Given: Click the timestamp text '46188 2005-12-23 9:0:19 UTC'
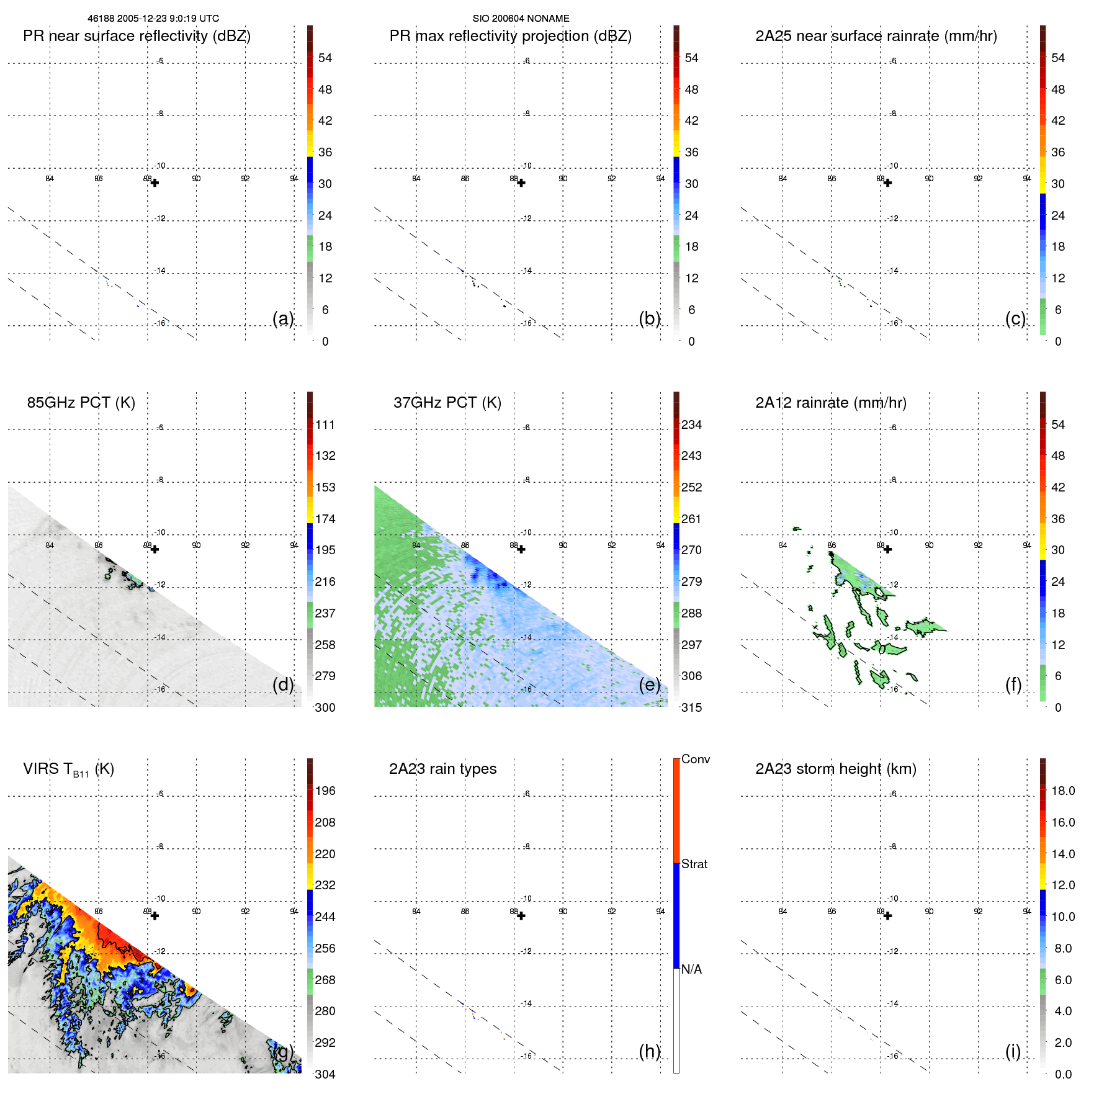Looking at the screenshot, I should tap(153, 19).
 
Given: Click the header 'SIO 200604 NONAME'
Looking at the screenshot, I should tap(521, 19).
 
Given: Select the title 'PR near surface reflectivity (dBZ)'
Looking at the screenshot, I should tap(137, 36).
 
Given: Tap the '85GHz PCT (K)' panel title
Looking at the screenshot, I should tap(81, 403).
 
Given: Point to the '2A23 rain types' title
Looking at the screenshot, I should tap(442, 769).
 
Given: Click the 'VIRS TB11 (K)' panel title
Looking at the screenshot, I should tap(68, 769).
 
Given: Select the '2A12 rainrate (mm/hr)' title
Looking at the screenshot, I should tap(830, 403).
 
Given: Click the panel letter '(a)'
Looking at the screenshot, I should tap(283, 318).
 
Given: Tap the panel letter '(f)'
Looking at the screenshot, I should tap(1013, 684).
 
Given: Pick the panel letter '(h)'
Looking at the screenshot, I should tap(649, 1051).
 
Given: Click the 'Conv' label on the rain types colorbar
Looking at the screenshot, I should tap(695, 759).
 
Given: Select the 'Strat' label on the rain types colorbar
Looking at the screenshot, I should tap(694, 864).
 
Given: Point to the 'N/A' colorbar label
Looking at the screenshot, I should tap(691, 969).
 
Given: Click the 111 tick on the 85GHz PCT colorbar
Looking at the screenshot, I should tap(325, 424).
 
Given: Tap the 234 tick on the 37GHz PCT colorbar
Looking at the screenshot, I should tap(691, 424).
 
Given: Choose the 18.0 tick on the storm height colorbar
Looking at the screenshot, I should tap(1062, 791).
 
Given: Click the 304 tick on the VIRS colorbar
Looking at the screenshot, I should tap(325, 1074).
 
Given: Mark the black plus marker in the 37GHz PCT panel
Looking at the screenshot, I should tap(521, 549).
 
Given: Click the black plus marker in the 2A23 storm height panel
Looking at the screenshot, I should tap(887, 916).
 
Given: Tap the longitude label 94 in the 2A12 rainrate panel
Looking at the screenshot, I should tap(1026, 545).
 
